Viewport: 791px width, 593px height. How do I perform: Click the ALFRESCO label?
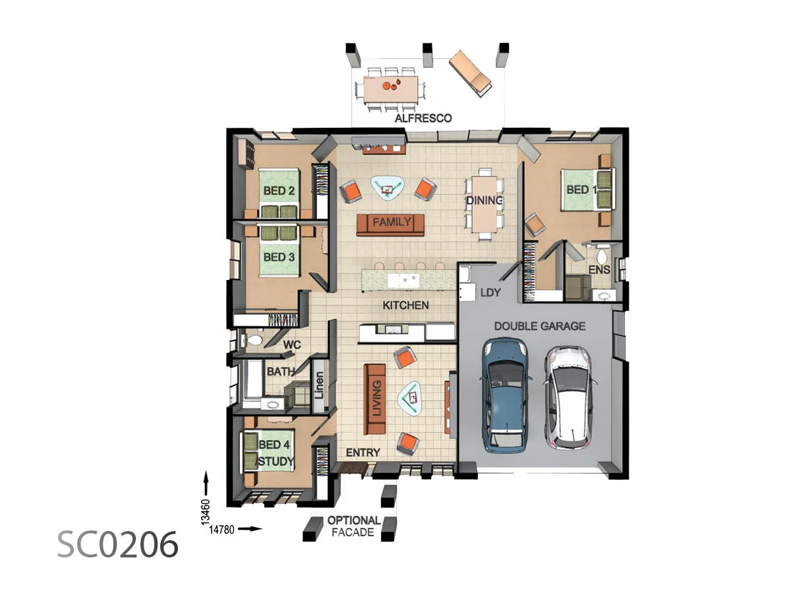(x=423, y=119)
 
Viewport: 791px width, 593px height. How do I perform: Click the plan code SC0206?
(x=117, y=545)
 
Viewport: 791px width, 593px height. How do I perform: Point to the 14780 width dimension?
(x=221, y=530)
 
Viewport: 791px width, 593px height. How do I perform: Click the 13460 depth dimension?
(x=206, y=512)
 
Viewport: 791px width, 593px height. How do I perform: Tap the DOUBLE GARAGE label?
(x=539, y=326)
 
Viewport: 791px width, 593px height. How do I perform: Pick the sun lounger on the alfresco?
(x=470, y=73)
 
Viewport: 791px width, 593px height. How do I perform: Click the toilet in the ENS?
(x=601, y=256)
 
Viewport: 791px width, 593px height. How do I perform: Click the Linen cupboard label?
(x=319, y=385)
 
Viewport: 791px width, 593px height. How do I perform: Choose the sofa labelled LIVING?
(x=375, y=399)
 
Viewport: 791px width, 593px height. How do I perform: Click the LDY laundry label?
(x=490, y=293)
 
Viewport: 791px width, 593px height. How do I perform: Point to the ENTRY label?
(x=363, y=453)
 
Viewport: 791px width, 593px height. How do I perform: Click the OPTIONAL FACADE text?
(x=353, y=526)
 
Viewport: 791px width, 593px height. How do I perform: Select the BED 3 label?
(x=279, y=257)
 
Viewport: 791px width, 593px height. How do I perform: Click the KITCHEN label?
(x=405, y=305)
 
